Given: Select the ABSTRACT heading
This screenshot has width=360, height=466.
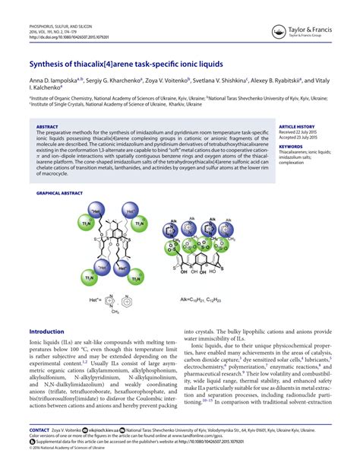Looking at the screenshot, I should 47,126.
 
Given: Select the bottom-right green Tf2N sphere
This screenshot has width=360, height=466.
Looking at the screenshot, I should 135,278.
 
